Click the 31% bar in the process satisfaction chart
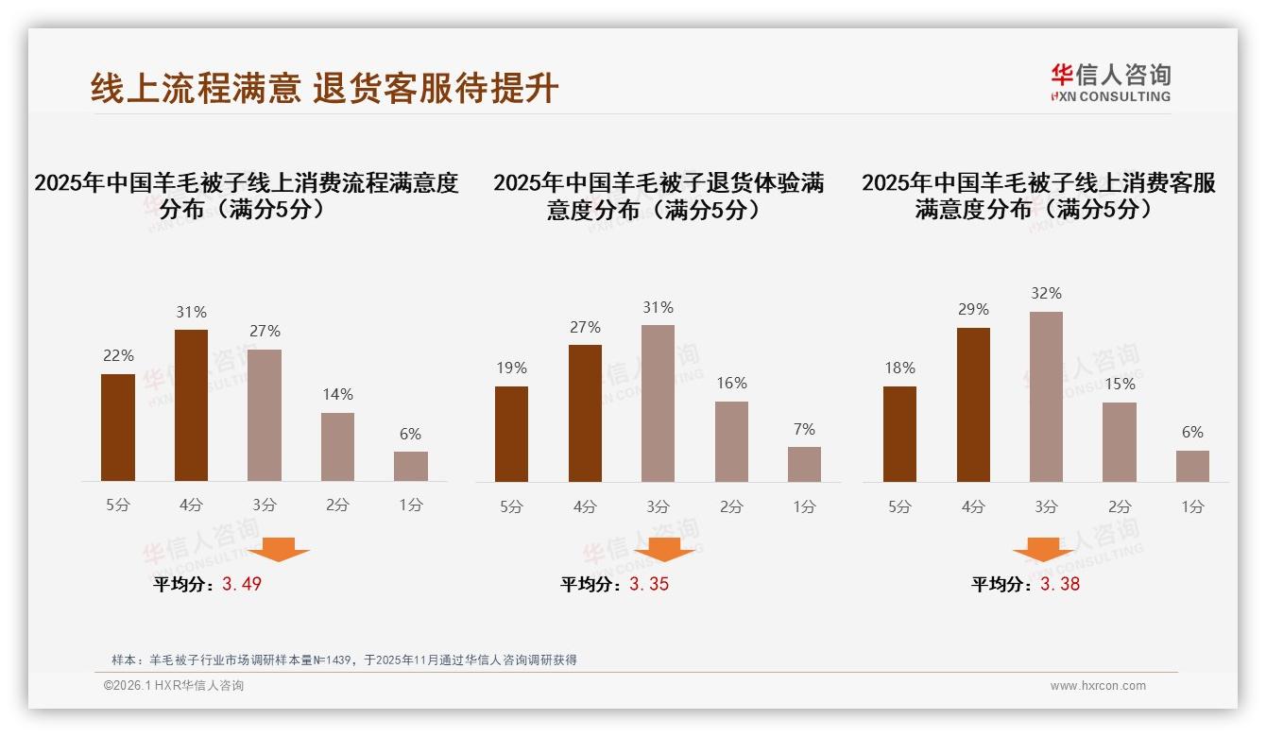coord(191,405)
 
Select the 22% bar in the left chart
coord(118,427)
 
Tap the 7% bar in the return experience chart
coord(804,464)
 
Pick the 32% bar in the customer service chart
coord(1046,397)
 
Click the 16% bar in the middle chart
coord(731,441)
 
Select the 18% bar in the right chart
coord(899,434)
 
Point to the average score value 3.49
coord(242,584)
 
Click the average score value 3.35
coord(649,584)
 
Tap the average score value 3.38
coord(1060,584)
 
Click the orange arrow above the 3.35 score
coord(664,549)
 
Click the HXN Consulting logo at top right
coord(1110,83)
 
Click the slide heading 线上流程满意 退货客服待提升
coord(325,89)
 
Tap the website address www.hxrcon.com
coord(1098,686)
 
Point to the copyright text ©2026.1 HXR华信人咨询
coord(174,686)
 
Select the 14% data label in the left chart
coord(337,394)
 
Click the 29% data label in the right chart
coord(973,309)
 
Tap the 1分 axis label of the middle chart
coord(804,506)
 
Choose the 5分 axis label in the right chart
coord(899,506)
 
